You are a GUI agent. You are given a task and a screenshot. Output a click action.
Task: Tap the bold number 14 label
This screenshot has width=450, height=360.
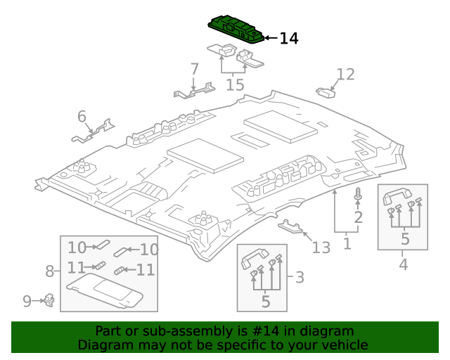[x=288, y=39]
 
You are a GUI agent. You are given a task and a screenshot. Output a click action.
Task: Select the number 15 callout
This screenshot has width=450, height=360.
[x=235, y=85]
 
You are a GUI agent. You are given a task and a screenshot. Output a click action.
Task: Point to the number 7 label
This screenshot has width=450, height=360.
[x=195, y=69]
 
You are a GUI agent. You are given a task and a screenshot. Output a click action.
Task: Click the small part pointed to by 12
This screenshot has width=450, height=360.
[x=326, y=91]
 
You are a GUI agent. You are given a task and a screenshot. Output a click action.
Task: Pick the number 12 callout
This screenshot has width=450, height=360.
[x=345, y=75]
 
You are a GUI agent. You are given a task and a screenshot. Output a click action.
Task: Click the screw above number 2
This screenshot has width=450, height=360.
[x=358, y=194]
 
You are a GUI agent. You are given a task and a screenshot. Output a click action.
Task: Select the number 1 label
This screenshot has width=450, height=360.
[x=347, y=243]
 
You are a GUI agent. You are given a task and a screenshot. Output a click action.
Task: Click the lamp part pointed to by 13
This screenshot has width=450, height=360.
[x=291, y=226]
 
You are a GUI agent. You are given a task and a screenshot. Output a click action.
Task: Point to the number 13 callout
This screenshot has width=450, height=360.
[x=321, y=247]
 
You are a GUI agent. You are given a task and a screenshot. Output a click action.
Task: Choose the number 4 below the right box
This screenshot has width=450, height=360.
[x=403, y=264]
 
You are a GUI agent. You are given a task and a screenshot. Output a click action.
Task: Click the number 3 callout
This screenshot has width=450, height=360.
[x=300, y=277]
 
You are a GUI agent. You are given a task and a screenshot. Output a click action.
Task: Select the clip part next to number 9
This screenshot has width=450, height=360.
[x=50, y=301]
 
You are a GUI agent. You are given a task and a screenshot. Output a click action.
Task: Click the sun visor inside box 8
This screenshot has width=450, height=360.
[x=105, y=290]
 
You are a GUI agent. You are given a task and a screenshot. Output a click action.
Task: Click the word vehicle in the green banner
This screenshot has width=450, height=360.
[x=344, y=345]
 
